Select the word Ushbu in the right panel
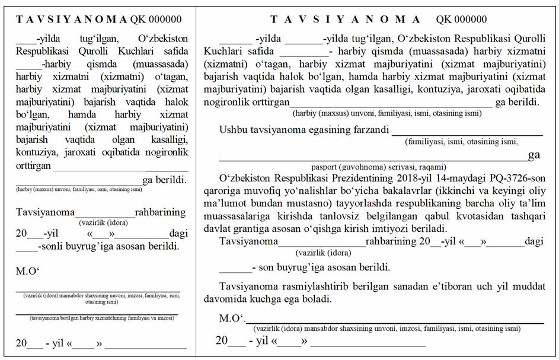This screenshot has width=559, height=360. (232, 129)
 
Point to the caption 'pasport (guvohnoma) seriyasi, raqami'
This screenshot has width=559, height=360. (379, 167)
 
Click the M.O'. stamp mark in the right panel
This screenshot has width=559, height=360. (232, 318)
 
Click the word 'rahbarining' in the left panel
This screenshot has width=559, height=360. (160, 212)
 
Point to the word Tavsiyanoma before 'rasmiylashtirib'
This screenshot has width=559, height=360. (248, 286)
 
